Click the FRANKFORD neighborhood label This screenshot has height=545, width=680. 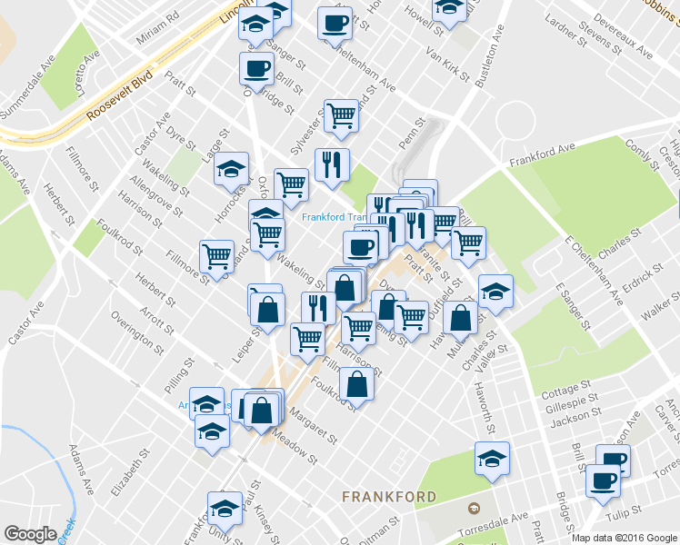(x=388, y=497)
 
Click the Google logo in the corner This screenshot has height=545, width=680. (x=30, y=534)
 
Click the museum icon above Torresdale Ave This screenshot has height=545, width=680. (x=473, y=507)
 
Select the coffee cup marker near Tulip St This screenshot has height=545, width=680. (x=603, y=480)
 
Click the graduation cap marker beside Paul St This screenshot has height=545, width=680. (x=225, y=507)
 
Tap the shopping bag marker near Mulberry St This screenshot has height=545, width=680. (x=462, y=318)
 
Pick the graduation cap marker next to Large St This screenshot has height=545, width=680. (x=232, y=168)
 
